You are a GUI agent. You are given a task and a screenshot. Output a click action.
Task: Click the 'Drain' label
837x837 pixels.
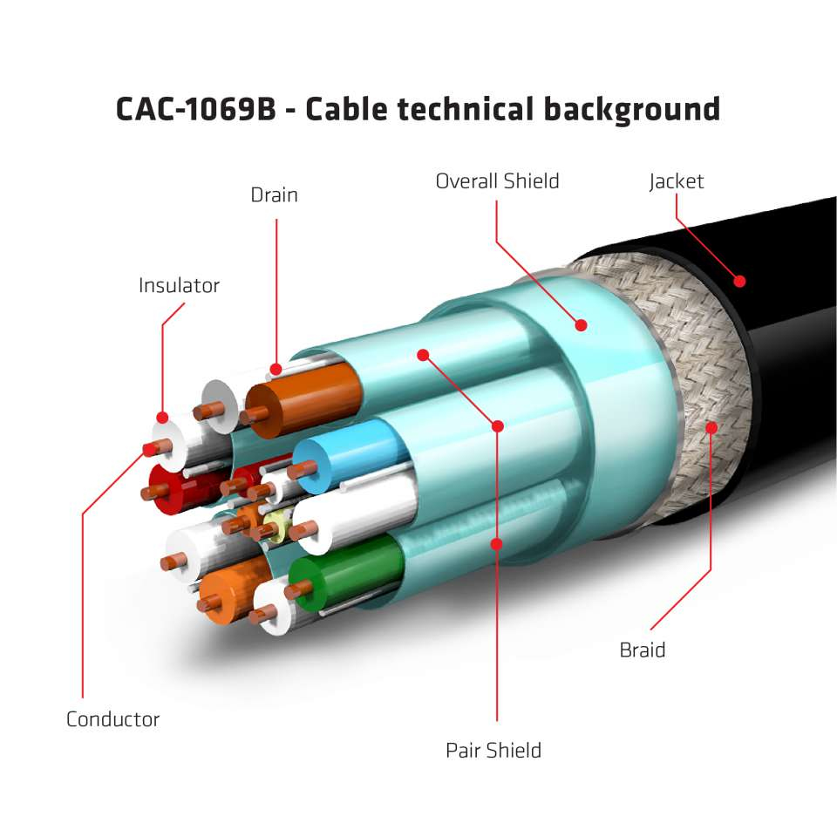point(274,195)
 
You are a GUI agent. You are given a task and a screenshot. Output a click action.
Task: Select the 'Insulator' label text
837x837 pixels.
point(179,286)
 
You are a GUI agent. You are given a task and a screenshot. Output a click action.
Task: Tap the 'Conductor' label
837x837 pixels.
point(112,720)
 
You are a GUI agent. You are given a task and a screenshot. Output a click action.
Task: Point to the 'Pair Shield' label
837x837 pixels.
point(493,751)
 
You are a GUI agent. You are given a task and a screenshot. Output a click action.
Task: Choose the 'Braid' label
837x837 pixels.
point(642,650)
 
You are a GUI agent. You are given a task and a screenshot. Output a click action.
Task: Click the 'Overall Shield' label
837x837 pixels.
point(497,181)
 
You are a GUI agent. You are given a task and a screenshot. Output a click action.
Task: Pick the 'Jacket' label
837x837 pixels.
point(676,181)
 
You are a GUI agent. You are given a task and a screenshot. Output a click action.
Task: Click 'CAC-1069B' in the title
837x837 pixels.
point(195,111)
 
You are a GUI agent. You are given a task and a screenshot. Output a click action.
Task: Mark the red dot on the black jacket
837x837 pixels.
point(740,281)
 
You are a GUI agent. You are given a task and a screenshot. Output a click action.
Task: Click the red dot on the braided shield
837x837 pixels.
point(712,427)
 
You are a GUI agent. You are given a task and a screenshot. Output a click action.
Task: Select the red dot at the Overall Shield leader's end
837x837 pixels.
point(581,325)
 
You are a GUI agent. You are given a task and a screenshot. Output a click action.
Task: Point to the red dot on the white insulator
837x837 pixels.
point(162,418)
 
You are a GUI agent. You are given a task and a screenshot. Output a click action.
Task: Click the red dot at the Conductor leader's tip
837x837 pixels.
point(147,449)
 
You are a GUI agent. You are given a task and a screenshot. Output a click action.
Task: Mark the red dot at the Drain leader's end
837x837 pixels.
point(276,368)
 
